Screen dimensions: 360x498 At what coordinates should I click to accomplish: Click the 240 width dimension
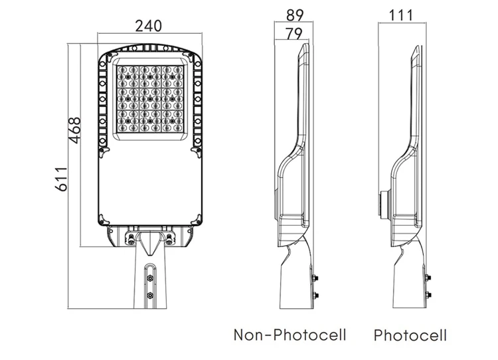(149, 26)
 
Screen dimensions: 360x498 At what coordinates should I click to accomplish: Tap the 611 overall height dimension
(60, 179)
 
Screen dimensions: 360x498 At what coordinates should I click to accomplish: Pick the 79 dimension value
(291, 33)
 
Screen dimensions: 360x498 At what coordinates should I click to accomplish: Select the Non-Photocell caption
(290, 334)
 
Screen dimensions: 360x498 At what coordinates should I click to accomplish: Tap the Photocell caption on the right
(410, 334)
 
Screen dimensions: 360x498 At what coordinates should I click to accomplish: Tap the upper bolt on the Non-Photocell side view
(315, 278)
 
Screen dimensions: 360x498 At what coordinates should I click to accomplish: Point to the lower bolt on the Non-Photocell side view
(315, 295)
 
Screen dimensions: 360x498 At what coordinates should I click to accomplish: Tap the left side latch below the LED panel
(103, 151)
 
